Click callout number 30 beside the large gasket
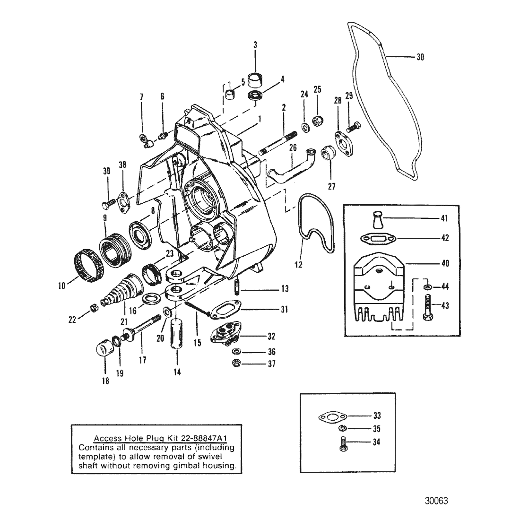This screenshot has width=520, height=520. point(420,57)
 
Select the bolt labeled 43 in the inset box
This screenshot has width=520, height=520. point(428,307)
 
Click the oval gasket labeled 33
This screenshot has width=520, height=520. point(333,416)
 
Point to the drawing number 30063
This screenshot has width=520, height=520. point(436,501)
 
